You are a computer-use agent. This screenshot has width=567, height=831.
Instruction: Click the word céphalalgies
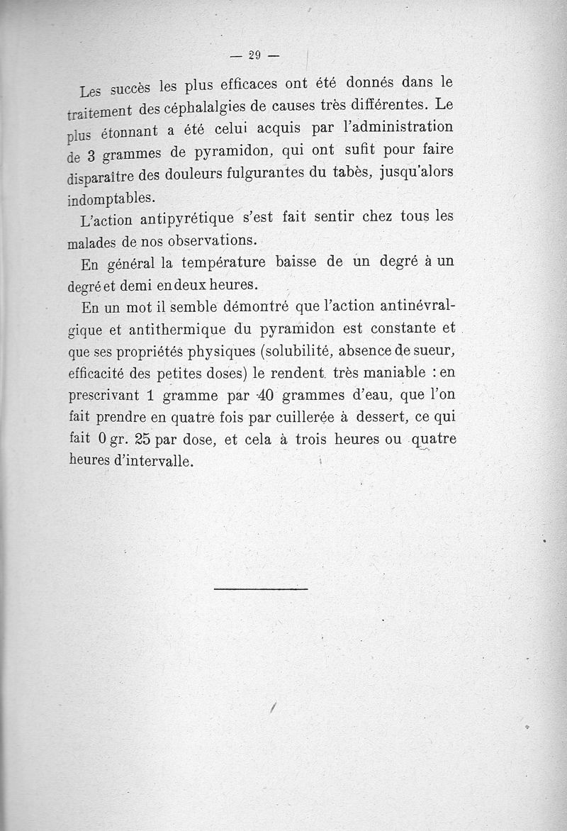(191, 107)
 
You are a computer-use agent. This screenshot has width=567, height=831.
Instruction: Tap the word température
(223, 263)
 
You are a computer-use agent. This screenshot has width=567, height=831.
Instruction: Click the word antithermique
(174, 330)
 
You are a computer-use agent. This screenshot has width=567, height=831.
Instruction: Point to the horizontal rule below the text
(260, 589)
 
